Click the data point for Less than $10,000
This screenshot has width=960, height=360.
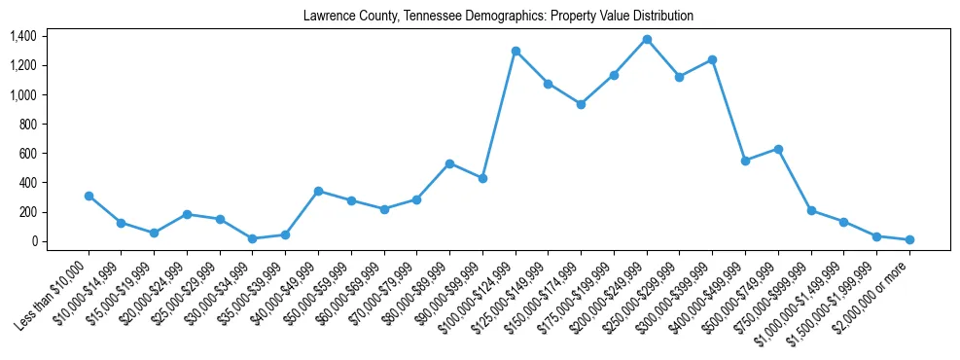point(89,196)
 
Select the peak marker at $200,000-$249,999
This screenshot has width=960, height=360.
point(647,39)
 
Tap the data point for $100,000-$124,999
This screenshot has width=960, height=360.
point(516,51)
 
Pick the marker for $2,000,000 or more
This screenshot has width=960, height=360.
point(909,239)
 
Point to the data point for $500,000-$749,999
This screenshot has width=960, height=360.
point(778,149)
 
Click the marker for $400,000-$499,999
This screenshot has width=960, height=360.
point(745,161)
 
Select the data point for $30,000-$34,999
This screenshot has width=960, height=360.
point(253,238)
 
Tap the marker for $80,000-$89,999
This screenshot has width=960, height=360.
point(449,163)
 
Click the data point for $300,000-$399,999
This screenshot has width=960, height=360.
point(712,59)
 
